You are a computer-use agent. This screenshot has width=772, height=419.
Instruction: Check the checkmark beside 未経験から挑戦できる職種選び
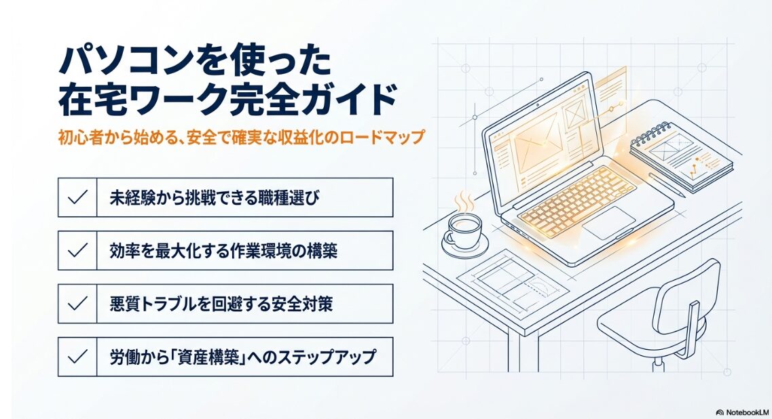pyautogui.click(x=77, y=197)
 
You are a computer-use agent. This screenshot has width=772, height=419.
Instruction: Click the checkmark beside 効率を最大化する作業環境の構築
pyautogui.click(x=77, y=250)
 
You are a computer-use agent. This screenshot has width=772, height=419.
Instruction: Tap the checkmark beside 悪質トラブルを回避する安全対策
pyautogui.click(x=77, y=303)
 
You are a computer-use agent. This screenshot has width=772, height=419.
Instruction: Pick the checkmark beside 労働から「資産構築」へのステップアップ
pyautogui.click(x=77, y=356)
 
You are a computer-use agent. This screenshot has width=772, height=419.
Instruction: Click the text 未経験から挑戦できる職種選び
pyautogui.click(x=214, y=197)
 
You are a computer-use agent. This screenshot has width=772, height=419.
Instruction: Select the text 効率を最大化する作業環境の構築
pyautogui.click(x=223, y=250)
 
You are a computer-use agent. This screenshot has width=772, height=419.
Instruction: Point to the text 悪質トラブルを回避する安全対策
pyautogui.click(x=221, y=303)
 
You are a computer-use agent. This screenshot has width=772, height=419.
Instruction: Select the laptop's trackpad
pyautogui.click(x=608, y=222)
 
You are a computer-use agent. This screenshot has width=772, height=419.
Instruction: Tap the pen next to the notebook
pyautogui.click(x=666, y=184)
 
